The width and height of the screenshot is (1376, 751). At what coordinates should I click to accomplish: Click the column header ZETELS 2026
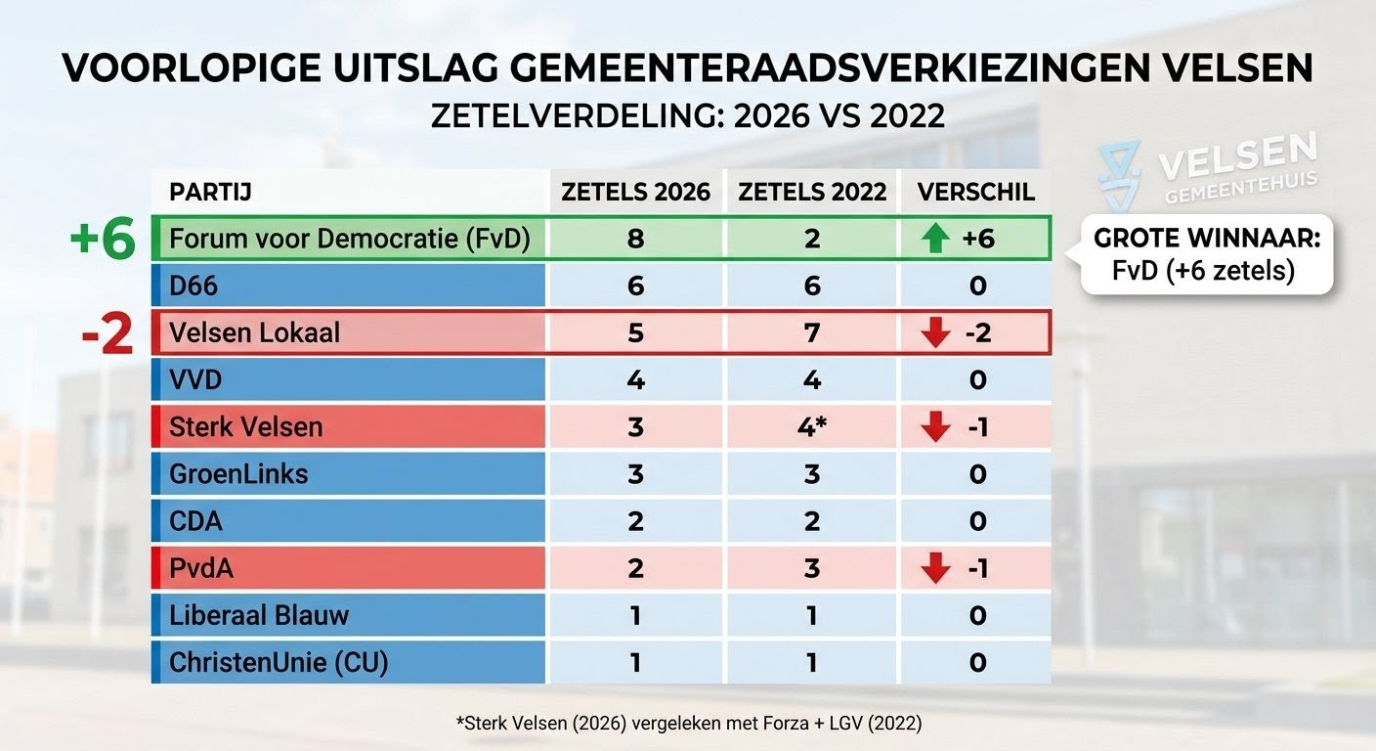click(635, 192)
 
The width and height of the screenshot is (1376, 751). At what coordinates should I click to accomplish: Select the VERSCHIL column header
click(975, 192)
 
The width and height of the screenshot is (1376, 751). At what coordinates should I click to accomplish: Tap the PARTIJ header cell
click(210, 192)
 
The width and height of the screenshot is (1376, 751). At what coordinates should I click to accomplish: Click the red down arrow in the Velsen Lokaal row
click(935, 333)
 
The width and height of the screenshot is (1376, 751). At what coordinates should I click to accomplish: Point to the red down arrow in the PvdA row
click(935, 568)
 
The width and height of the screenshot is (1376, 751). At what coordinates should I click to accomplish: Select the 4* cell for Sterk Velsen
click(812, 427)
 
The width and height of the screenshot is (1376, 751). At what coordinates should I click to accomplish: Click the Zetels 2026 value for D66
click(635, 287)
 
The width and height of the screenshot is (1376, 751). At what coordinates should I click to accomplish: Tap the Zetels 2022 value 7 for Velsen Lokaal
click(812, 333)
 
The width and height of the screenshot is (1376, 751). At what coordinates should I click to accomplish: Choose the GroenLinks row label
click(238, 474)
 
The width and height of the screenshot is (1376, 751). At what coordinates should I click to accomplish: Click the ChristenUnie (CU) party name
click(279, 662)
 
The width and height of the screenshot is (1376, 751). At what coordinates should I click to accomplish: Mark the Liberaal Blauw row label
click(259, 615)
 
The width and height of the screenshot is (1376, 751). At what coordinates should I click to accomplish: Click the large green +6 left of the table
click(102, 241)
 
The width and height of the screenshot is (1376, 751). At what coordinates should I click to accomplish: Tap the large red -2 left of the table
click(107, 334)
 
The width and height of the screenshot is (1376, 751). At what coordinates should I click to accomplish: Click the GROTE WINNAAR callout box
click(1206, 254)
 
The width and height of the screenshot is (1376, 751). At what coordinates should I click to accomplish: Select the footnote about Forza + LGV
click(688, 724)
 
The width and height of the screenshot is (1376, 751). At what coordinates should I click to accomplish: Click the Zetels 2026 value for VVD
click(635, 380)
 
